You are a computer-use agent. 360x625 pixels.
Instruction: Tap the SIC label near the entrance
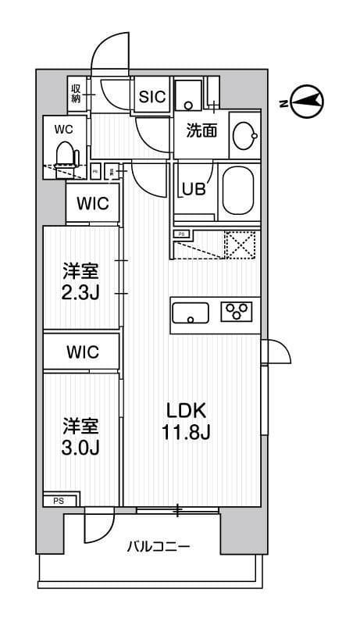[x=151, y=97]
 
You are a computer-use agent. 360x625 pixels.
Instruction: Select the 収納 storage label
[x=77, y=94]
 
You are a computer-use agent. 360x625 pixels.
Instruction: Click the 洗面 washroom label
[x=201, y=130]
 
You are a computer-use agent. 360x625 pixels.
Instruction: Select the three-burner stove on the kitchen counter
[x=237, y=312]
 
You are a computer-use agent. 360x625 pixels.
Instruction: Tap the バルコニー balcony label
[x=159, y=547]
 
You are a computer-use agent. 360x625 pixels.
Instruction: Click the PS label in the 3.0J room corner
[x=59, y=501]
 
